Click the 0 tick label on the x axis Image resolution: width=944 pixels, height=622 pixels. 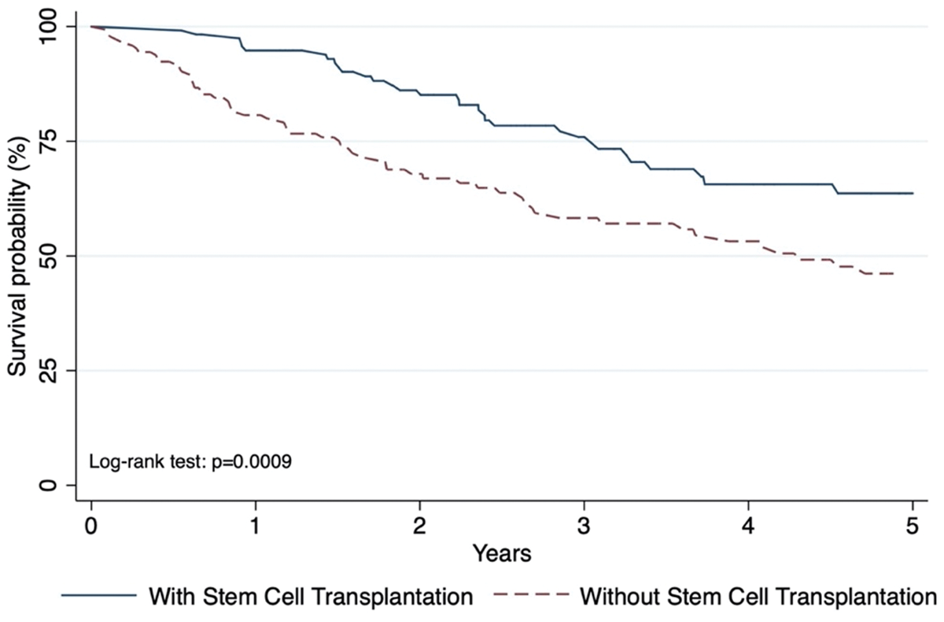[x=91, y=527]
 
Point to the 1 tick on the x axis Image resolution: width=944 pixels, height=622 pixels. [x=255, y=527]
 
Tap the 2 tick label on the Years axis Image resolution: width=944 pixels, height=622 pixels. [x=419, y=527]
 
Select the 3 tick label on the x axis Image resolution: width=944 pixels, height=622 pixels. [x=584, y=527]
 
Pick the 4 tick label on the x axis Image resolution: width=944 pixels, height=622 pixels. [x=748, y=527]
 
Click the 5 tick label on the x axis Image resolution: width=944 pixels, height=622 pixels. [x=913, y=527]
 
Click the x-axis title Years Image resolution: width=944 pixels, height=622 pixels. [x=502, y=554]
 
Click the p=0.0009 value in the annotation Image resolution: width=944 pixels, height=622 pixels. [x=252, y=462]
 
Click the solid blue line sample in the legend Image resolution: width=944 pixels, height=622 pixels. [x=99, y=595]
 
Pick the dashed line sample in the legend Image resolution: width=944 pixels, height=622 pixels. [x=531, y=595]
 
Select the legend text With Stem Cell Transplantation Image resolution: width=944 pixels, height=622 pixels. [x=311, y=596]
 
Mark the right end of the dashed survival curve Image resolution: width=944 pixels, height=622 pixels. [x=894, y=274]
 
